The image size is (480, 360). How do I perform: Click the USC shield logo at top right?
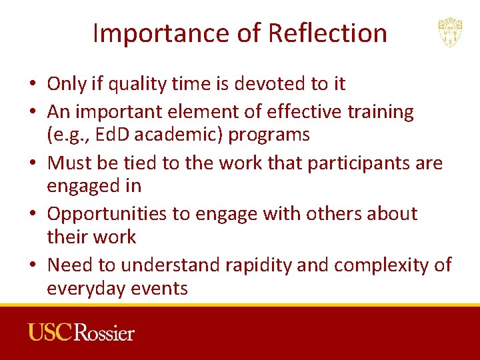click(450, 33)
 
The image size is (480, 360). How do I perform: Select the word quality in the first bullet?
click(133, 84)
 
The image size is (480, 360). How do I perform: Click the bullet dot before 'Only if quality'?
click(32, 85)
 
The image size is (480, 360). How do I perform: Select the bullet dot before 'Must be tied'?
click(32, 163)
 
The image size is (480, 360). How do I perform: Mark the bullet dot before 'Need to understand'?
click(32, 265)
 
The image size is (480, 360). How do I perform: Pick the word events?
click(163, 288)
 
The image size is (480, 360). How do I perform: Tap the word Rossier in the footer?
click(105, 332)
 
